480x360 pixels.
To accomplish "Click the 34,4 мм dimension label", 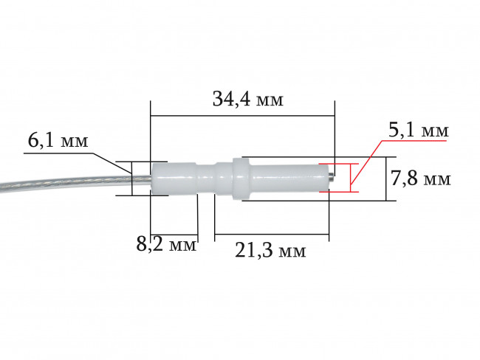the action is (x=248, y=99).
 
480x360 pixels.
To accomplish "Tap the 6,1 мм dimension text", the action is (x=58, y=141).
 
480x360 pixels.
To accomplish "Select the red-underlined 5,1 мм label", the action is (x=419, y=130).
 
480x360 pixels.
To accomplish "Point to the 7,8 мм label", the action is (x=420, y=179).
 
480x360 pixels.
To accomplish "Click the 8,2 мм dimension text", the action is (x=166, y=244).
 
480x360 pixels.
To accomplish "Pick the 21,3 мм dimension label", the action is (x=270, y=251).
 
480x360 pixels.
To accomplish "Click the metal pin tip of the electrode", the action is (x=331, y=176).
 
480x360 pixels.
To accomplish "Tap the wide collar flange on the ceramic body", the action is (x=237, y=179).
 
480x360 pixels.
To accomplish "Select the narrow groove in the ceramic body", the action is (x=206, y=179).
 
